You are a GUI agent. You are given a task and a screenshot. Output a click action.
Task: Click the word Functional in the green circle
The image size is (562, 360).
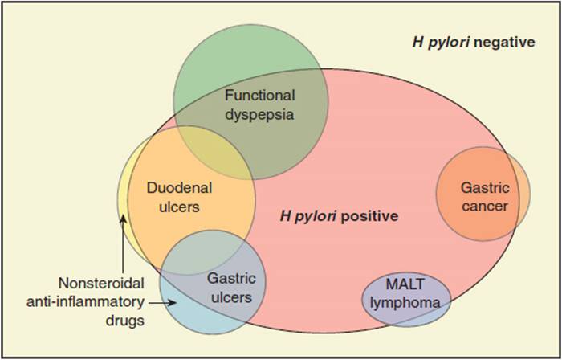(x=260, y=96)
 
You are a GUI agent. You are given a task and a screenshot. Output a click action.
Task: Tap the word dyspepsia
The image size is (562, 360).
(x=259, y=115)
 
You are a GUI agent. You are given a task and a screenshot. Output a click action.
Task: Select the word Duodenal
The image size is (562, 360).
(x=179, y=188)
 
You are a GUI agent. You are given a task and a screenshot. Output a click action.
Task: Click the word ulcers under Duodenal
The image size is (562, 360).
(x=179, y=207)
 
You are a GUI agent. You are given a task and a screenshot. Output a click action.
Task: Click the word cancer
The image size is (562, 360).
(x=485, y=207)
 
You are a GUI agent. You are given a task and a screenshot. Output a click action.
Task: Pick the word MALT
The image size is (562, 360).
(x=405, y=284)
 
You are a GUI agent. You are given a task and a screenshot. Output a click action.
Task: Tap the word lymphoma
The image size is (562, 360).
(x=405, y=303)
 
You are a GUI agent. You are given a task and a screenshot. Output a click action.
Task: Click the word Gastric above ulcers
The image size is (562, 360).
(x=231, y=279)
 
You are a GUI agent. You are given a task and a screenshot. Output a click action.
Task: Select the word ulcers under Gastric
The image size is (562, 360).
(x=231, y=297)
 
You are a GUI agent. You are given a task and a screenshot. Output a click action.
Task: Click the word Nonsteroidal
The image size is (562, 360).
(x=101, y=284)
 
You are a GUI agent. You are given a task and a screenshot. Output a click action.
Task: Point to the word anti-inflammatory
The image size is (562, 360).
(x=85, y=302)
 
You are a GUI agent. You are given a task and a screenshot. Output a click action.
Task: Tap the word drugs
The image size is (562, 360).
(x=124, y=321)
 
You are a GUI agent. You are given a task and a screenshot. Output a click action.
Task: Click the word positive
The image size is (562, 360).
(x=369, y=217)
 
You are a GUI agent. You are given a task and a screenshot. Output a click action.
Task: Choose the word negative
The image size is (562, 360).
(x=505, y=43)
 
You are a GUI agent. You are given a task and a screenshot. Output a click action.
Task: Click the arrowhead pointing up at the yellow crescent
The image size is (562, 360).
(x=123, y=219)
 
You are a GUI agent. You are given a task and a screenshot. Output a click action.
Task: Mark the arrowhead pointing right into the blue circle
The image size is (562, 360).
(x=173, y=303)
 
